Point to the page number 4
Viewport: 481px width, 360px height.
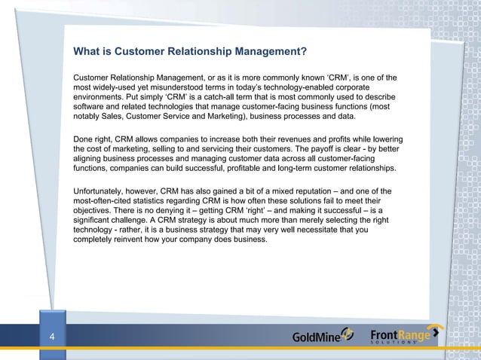(51, 337)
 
